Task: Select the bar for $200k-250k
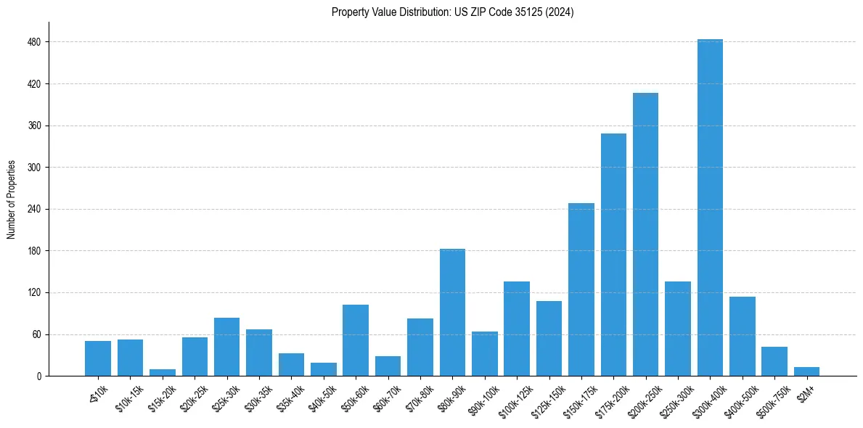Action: click(645, 235)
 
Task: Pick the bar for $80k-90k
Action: click(452, 313)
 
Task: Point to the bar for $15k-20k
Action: click(163, 373)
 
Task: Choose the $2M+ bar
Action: click(806, 372)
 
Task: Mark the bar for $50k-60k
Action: click(356, 341)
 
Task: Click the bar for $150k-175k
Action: click(581, 290)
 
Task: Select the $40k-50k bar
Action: click(324, 370)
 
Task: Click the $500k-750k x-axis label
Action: click(771, 398)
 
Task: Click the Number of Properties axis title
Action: click(12, 199)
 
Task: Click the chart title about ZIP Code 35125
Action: click(452, 12)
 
